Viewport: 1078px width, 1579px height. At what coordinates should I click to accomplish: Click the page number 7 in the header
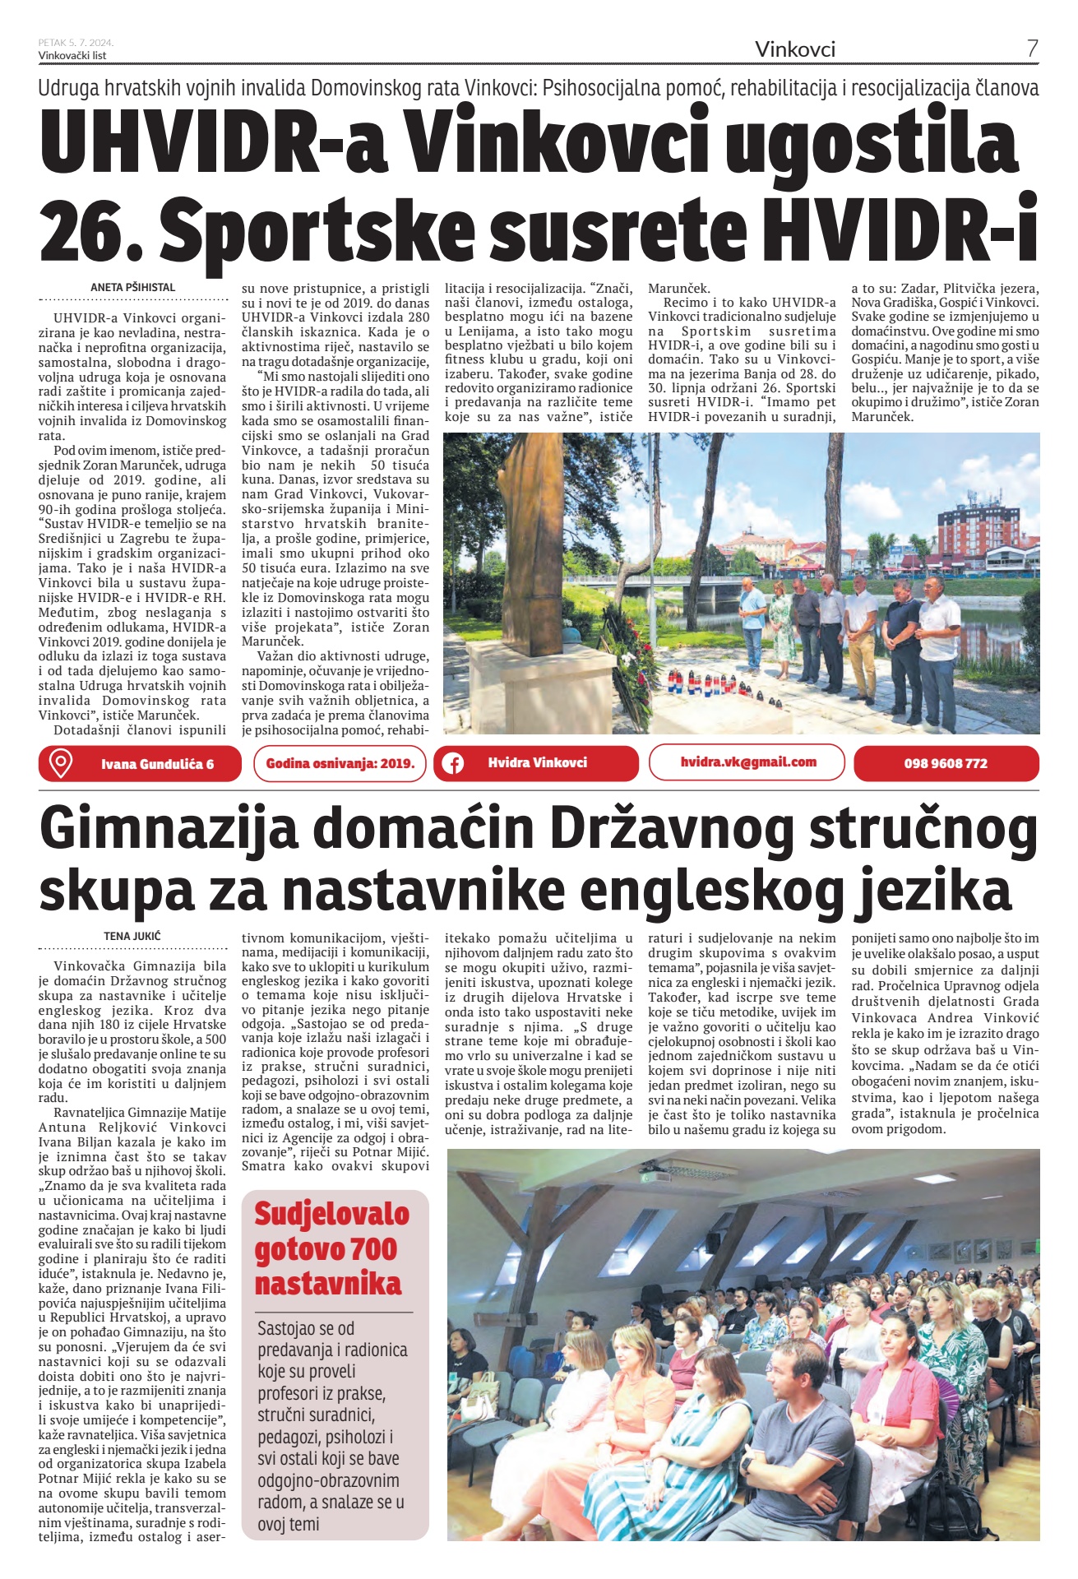pyautogui.click(x=1032, y=49)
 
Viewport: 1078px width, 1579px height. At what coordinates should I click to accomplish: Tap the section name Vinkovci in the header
pyautogui.click(x=794, y=49)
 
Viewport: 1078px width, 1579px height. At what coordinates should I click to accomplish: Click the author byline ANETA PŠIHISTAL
pyautogui.click(x=133, y=288)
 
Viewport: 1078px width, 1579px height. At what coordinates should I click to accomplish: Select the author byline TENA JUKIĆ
pyautogui.click(x=132, y=936)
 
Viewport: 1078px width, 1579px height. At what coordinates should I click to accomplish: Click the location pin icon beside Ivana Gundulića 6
pyautogui.click(x=60, y=763)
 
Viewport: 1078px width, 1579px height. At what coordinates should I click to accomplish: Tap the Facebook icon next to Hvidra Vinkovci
pyautogui.click(x=452, y=763)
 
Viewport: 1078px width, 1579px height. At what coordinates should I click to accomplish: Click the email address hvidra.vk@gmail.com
pyautogui.click(x=748, y=762)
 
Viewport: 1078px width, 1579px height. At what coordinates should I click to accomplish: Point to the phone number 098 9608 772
pyautogui.click(x=946, y=763)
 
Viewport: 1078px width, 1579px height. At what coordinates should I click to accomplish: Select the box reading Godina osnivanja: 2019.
pyautogui.click(x=340, y=763)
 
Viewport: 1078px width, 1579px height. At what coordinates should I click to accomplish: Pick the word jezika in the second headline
pyautogui.click(x=935, y=891)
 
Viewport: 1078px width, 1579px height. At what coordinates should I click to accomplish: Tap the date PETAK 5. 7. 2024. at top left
pyautogui.click(x=76, y=42)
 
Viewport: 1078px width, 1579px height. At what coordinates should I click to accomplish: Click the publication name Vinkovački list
pyautogui.click(x=72, y=55)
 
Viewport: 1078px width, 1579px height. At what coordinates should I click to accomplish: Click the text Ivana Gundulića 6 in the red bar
pyautogui.click(x=157, y=764)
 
